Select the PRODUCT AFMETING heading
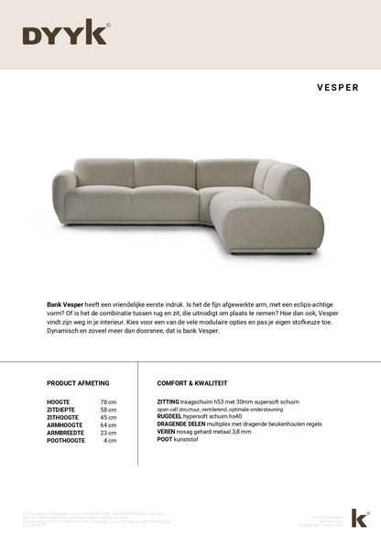click(x=77, y=382)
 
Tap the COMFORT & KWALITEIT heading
click(x=192, y=382)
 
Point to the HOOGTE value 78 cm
click(x=108, y=402)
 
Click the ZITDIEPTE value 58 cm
click(x=108, y=410)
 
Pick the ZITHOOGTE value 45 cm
click(x=108, y=417)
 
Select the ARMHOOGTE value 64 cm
click(x=108, y=425)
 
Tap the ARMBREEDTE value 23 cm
click(x=108, y=433)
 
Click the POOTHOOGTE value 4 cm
click(x=110, y=440)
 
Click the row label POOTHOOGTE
click(x=65, y=440)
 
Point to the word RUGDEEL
click(x=169, y=415)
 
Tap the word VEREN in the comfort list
click(x=166, y=431)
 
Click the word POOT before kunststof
click(x=165, y=438)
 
